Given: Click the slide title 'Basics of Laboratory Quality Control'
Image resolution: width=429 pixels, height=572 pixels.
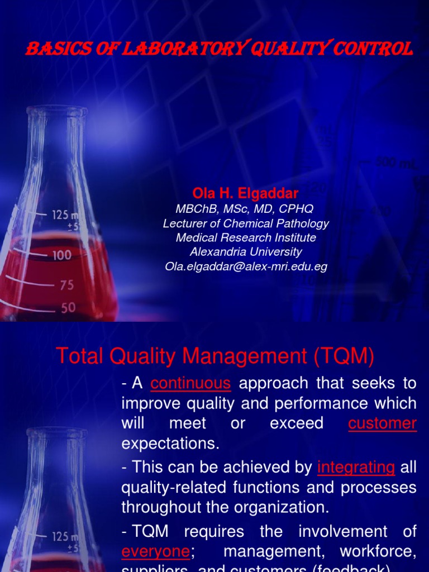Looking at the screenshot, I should [x=220, y=50].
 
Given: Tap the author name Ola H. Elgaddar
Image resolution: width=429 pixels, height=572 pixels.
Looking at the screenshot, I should [x=245, y=193].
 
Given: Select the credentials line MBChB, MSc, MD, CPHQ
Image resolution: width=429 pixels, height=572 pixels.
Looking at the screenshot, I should [x=245, y=208].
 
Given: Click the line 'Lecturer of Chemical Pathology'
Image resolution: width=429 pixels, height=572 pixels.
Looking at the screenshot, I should [x=246, y=223].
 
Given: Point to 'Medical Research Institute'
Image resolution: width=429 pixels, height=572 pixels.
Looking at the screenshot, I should [x=246, y=237].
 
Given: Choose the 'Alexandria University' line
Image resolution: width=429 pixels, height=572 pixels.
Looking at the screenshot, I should [x=246, y=252].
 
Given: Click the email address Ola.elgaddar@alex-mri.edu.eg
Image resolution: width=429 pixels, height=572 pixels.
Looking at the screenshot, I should [x=246, y=266].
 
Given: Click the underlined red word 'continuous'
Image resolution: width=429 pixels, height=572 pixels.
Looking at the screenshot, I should [x=190, y=383].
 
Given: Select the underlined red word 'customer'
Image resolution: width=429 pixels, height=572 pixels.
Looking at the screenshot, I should [x=382, y=423].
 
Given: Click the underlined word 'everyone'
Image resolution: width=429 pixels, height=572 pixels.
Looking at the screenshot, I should [x=156, y=551].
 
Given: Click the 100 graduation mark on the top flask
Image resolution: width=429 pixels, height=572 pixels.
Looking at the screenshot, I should [x=61, y=255].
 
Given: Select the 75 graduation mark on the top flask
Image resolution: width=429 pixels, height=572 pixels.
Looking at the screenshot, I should [x=66, y=285].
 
